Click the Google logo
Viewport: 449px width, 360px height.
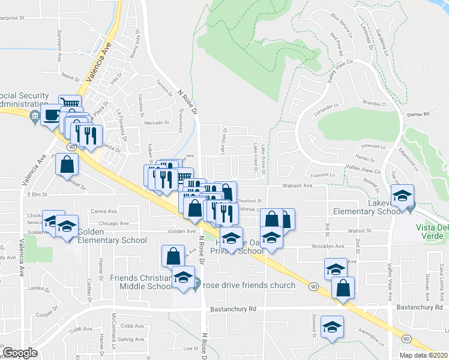20,353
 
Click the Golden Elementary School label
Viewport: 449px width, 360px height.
109,241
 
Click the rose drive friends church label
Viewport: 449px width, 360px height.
249,285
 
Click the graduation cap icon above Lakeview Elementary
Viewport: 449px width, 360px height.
402,196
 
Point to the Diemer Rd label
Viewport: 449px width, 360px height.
419,113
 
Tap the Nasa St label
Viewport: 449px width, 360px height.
70,76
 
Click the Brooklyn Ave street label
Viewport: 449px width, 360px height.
328,246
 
